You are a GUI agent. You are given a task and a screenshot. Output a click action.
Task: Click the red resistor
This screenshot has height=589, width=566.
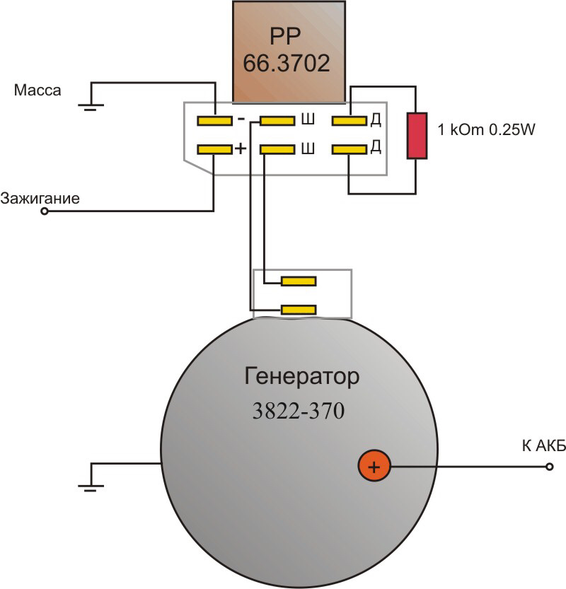point(415,135)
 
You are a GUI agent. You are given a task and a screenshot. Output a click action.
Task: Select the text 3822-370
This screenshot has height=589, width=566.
point(299,412)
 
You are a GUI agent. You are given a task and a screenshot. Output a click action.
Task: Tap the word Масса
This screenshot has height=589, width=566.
point(38,91)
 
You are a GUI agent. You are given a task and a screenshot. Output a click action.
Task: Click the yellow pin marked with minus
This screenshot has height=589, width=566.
point(214,121)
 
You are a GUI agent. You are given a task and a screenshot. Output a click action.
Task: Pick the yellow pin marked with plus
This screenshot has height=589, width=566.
point(214,149)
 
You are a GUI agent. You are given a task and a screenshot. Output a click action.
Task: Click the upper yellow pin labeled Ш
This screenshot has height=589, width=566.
point(277,121)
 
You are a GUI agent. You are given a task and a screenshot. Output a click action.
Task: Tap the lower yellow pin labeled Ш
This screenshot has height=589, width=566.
point(277,149)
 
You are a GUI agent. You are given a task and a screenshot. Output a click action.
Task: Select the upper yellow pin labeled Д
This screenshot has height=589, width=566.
point(349,121)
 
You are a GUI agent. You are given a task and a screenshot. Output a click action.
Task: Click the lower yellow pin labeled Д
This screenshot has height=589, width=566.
point(349,149)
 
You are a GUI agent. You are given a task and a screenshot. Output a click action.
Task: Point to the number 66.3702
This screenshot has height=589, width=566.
point(287,64)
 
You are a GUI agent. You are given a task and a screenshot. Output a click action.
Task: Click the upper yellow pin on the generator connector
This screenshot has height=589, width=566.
point(299,281)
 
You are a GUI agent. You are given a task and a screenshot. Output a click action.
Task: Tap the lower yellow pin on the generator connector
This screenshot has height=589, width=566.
point(299,309)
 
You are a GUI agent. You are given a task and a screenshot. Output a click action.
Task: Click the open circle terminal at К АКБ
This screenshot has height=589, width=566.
point(550,467)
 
